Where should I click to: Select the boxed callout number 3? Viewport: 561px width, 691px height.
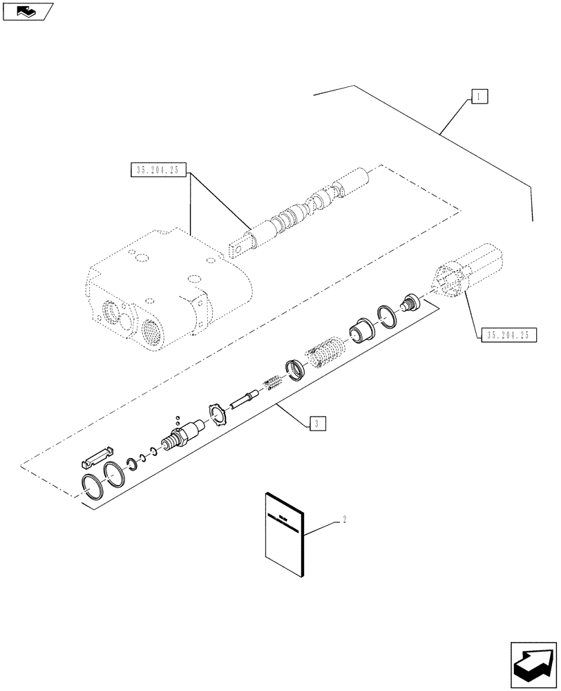[314, 424]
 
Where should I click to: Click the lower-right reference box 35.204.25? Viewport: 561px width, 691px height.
[507, 334]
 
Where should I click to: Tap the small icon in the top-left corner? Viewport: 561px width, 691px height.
[27, 10]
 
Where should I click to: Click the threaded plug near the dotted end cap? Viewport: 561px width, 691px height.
[412, 303]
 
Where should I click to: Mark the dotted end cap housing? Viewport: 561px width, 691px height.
[466, 272]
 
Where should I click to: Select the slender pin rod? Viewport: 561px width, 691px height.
[245, 399]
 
